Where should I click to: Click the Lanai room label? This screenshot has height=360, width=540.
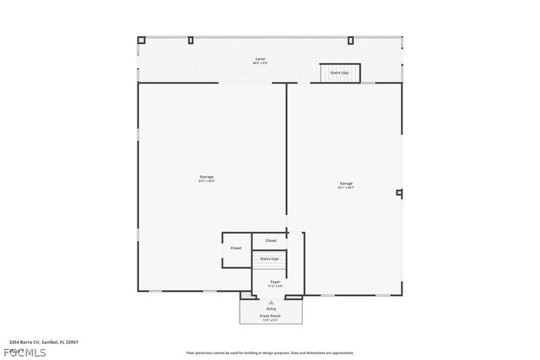click(262, 58)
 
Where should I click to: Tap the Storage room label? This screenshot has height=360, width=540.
click(206, 176)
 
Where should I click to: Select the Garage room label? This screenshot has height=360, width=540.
click(346, 183)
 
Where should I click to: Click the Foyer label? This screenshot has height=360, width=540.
click(275, 281)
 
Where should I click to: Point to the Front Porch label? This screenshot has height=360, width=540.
click(271, 316)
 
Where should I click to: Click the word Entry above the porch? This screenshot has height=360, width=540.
click(271, 309)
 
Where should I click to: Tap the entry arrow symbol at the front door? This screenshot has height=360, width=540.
click(271, 301)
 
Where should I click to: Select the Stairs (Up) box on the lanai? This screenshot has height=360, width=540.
click(339, 73)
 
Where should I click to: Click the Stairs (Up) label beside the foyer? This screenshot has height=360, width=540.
click(270, 259)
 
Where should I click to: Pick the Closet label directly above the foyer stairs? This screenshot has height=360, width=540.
click(271, 241)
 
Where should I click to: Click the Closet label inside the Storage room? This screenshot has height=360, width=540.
click(236, 248)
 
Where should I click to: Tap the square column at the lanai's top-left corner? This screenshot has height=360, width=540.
click(143, 40)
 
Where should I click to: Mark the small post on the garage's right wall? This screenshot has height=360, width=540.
click(399, 193)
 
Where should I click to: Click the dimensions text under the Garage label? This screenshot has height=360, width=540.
click(346, 187)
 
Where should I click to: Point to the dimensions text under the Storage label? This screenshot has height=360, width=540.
click(206, 180)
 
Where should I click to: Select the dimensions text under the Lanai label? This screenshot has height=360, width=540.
click(262, 63)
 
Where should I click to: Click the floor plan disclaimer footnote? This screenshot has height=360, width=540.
click(270, 352)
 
